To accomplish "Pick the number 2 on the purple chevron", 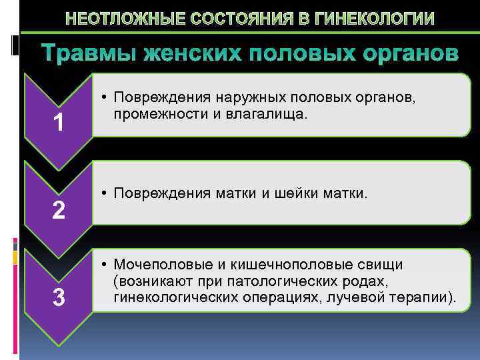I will click(x=59, y=211).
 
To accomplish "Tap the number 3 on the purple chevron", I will click(x=59, y=298).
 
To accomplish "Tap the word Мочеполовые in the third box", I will click(x=159, y=265).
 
